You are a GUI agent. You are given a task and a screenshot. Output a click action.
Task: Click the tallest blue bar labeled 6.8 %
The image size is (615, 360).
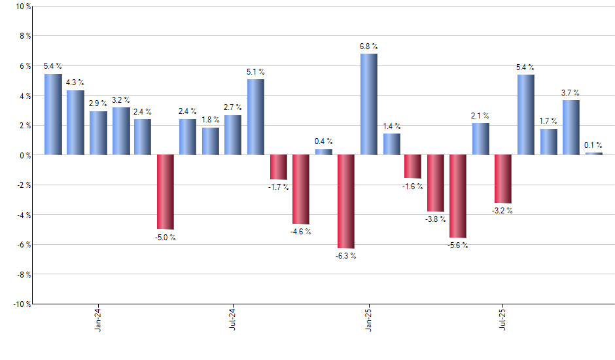(x=369, y=104)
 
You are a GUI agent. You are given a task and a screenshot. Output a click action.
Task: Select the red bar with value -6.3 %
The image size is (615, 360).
(x=346, y=202)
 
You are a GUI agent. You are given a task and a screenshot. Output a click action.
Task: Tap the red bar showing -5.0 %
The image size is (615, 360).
(x=165, y=192)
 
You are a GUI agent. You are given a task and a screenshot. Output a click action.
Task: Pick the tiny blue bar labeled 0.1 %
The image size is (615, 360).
(x=593, y=153)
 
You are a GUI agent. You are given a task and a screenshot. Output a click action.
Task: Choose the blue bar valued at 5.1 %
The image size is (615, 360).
(x=256, y=117)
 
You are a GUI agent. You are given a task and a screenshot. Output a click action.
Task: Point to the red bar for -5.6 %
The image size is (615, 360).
(x=458, y=196)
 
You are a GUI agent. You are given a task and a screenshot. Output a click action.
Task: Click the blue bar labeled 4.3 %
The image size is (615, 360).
(x=75, y=122)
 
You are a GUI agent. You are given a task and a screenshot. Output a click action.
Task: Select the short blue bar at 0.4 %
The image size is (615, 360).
(x=323, y=152)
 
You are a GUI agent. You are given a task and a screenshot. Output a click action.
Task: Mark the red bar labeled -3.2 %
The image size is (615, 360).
(x=503, y=179)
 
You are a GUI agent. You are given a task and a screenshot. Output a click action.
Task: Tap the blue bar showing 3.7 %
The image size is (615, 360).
(x=571, y=127)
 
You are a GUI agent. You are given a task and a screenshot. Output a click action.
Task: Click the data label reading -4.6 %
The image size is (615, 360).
(x=301, y=232)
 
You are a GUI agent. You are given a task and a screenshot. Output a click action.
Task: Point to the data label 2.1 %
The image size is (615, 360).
(x=480, y=116)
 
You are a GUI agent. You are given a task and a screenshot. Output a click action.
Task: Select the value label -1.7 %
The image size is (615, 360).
(x=278, y=188)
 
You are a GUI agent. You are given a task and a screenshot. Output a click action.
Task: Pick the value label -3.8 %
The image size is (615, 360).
(x=436, y=219)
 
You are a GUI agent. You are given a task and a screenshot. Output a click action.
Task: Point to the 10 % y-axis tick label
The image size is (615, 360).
(x=22, y=7)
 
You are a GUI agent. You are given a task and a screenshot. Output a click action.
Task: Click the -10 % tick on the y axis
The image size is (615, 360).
(x=21, y=304)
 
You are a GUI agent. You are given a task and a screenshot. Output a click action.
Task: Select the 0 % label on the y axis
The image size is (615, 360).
(x=24, y=155)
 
